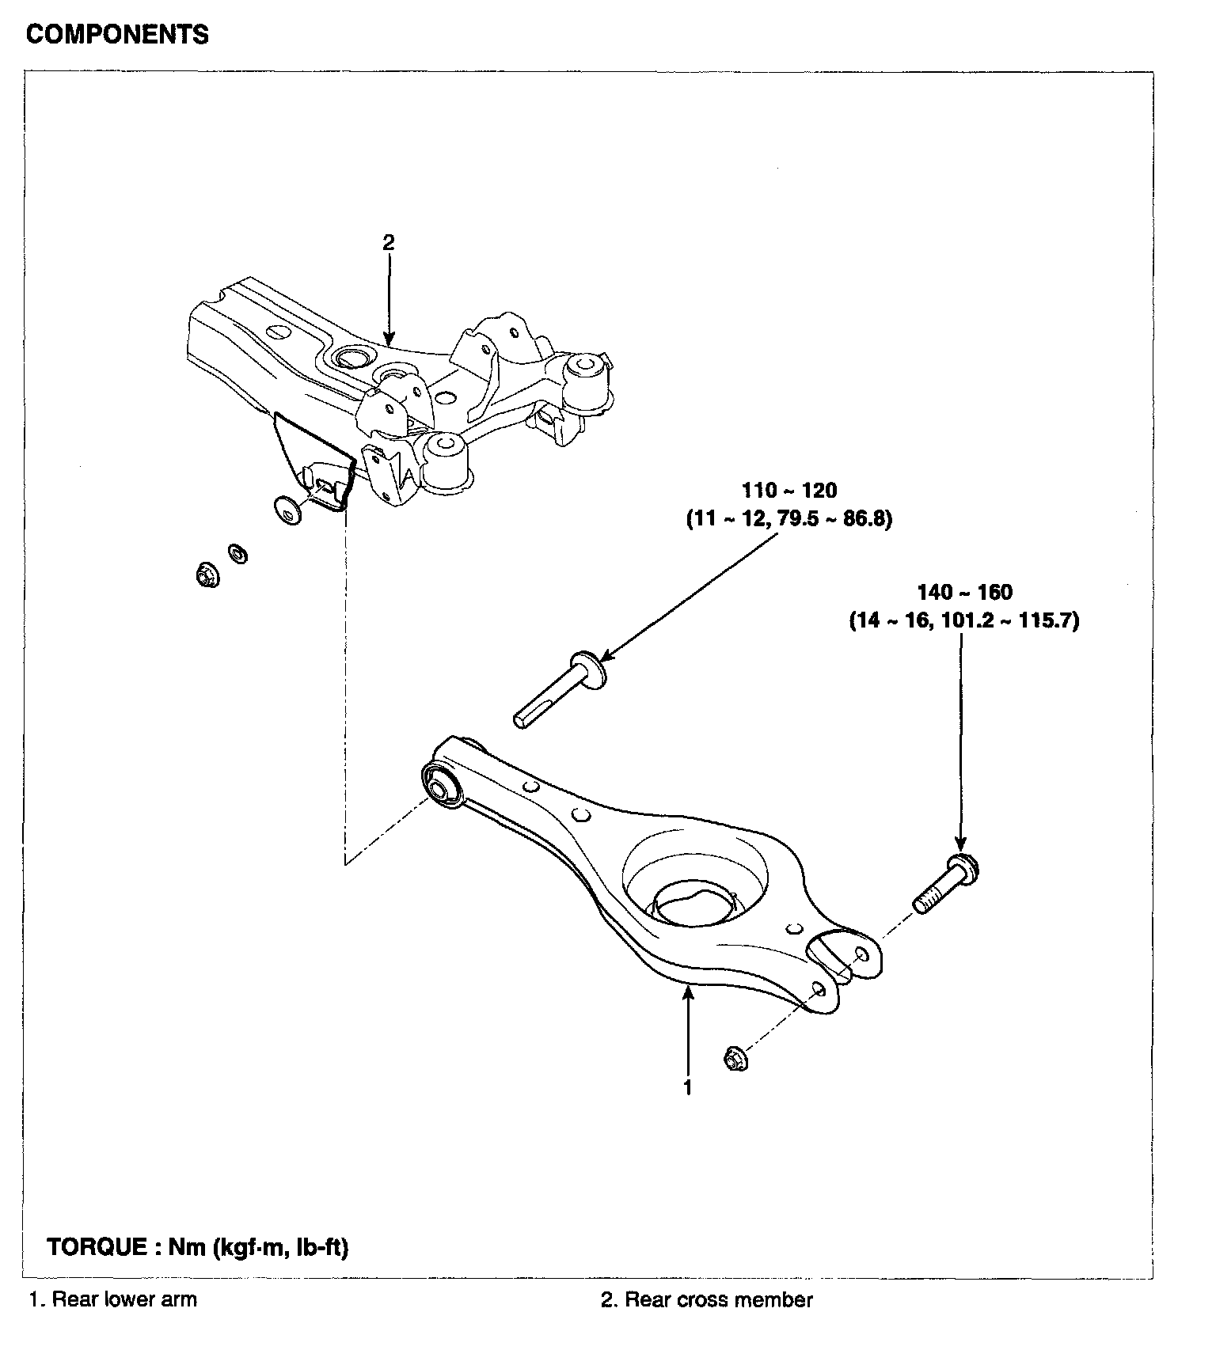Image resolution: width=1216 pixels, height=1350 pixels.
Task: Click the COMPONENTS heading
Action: click(118, 35)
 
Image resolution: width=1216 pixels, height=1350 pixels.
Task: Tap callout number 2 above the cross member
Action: click(388, 243)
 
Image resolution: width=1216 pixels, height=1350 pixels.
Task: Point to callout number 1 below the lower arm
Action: click(688, 1087)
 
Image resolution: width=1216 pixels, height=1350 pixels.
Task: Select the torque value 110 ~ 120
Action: click(789, 491)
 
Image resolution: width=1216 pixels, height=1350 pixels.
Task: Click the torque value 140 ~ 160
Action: click(964, 592)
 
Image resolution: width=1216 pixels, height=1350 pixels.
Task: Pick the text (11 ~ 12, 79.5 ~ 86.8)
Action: click(788, 520)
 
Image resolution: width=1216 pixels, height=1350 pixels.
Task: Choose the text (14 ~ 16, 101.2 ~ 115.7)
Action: click(964, 620)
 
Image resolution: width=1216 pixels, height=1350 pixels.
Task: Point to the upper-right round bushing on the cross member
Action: click(587, 366)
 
